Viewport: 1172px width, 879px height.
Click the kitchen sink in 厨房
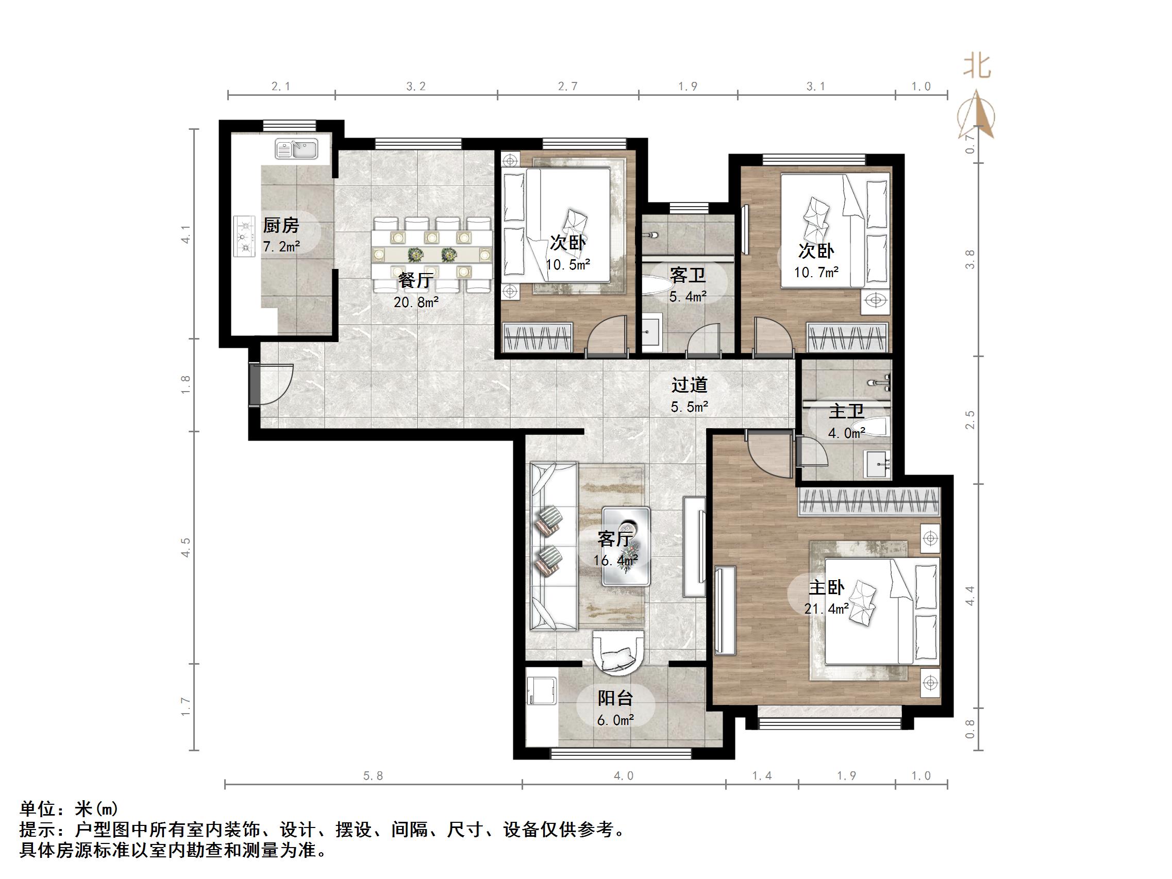(296, 149)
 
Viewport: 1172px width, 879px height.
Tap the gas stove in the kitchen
(244, 236)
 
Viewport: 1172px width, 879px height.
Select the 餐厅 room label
(416, 280)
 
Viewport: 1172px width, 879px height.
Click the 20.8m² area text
(416, 302)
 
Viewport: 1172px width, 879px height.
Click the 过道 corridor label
(689, 385)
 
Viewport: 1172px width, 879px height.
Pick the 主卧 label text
(826, 587)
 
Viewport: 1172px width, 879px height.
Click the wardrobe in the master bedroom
(869, 501)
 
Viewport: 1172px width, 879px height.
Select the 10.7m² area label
(816, 273)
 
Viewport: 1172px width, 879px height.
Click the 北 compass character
(977, 67)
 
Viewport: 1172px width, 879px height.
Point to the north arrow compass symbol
(977, 116)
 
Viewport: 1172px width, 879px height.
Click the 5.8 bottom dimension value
(373, 776)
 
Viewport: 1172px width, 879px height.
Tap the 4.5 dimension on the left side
(186, 547)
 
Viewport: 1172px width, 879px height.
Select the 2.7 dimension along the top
(567, 87)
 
